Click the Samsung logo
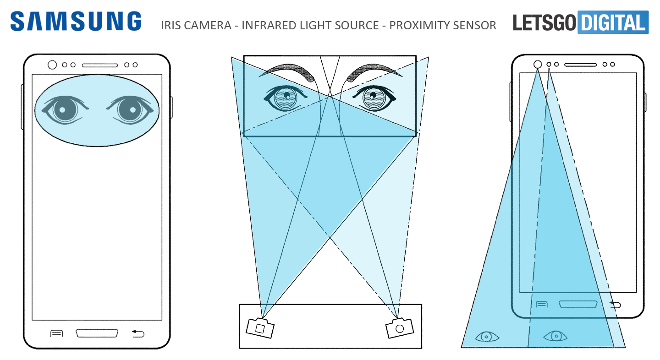point(76,22)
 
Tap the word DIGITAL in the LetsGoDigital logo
point(613,22)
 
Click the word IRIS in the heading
point(170,25)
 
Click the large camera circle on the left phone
point(52,65)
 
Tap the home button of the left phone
point(97,333)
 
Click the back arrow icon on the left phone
point(138,333)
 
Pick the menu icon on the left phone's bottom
point(56,333)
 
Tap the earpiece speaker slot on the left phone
point(100,65)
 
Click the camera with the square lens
point(260,328)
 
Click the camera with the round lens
point(399,328)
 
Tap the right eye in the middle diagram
point(372,98)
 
